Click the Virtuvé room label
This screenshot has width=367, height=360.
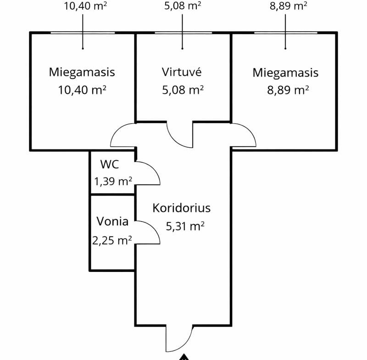coord(182,72)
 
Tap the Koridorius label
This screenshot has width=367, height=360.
coord(182,208)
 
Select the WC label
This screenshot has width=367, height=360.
coord(110,164)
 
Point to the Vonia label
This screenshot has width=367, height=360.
coord(112,222)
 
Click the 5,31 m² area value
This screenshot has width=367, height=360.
coord(183,226)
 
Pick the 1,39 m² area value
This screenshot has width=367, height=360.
coord(113,182)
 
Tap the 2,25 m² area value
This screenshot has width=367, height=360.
coord(112,239)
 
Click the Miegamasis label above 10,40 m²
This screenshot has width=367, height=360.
coord(82,72)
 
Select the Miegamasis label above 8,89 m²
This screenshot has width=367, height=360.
coord(285,72)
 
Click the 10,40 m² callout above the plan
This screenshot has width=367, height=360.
coord(83,6)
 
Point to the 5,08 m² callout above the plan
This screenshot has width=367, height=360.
coord(183,6)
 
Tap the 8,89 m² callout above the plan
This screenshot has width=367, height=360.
coord(286,6)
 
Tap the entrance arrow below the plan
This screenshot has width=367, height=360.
coord(184,357)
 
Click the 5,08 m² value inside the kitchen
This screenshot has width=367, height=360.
coord(183,89)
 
